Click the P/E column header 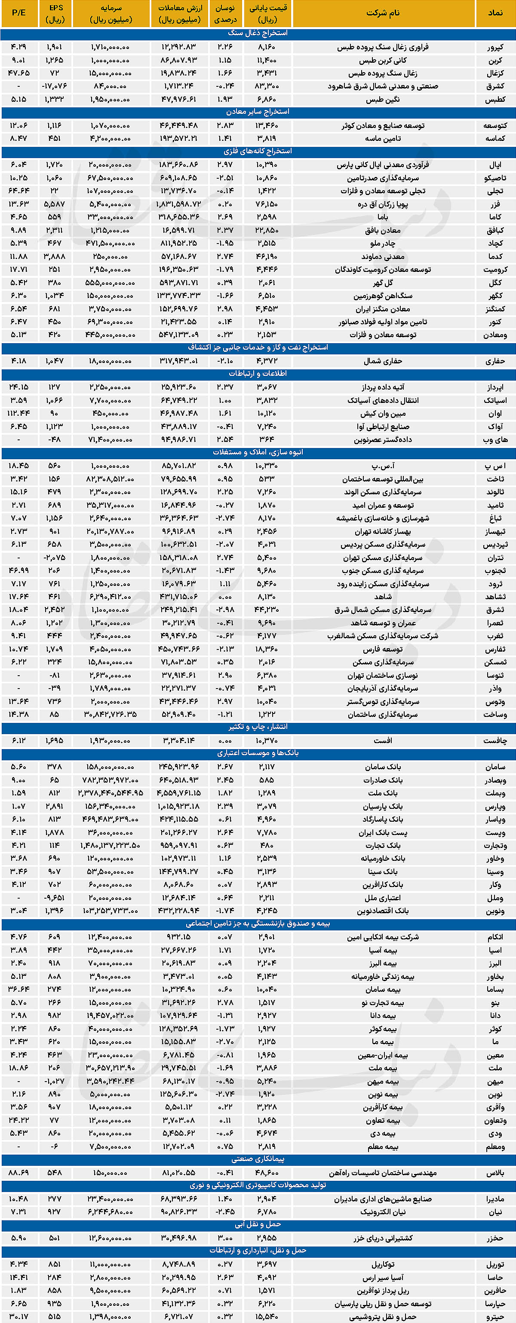tap(18, 13)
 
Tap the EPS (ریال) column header tap(55, 13)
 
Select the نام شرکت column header tap(383, 13)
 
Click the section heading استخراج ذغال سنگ tap(258, 34)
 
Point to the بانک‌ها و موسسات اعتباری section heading tap(258, 753)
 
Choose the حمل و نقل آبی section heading tap(258, 1224)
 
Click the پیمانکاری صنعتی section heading tap(258, 1159)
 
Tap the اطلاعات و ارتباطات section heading tap(258, 374)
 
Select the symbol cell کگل tap(495, 283)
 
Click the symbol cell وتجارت tap(495, 845)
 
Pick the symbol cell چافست tap(495, 741)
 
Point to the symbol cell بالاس tap(495, 1173)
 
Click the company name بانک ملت tap(383, 793)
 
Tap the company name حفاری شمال tap(383, 361)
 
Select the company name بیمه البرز tap(383, 963)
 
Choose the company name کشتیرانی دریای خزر tap(383, 1238)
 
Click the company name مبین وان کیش tap(383, 413)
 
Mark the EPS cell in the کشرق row tap(55, 86)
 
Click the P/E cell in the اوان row tap(18, 413)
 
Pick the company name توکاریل tap(383, 1264)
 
